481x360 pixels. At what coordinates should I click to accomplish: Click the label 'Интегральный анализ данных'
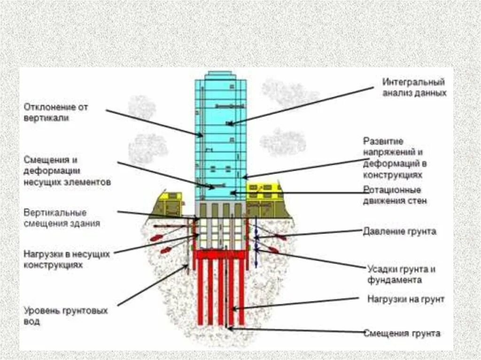pyautogui.click(x=414, y=88)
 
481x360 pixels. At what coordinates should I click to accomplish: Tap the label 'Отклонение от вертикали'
pyautogui.click(x=56, y=113)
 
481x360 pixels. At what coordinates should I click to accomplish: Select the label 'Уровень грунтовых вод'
pyautogui.click(x=66, y=316)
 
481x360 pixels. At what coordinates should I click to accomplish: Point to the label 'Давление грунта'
pyautogui.click(x=399, y=231)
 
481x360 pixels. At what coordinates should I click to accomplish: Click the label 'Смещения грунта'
pyautogui.click(x=402, y=333)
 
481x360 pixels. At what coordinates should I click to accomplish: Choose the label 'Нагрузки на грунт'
pyautogui.click(x=405, y=299)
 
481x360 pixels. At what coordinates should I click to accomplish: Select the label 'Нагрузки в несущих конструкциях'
pyautogui.click(x=66, y=259)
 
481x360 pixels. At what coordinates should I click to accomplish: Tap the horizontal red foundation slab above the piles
pyautogui.click(x=221, y=254)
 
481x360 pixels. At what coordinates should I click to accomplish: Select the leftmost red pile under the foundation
pyautogui.click(x=200, y=291)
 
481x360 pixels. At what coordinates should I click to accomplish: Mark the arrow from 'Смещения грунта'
pyautogui.click(x=296, y=330)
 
